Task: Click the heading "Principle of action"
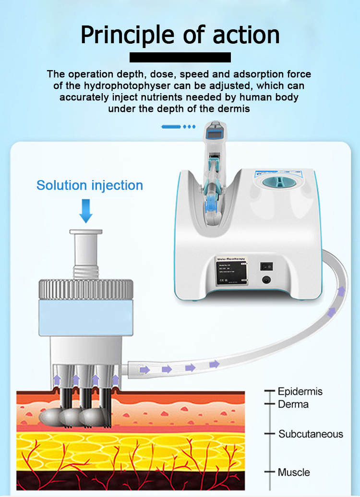pyautogui.click(x=180, y=35)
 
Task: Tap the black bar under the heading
pyautogui.click(x=180, y=58)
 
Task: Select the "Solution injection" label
pyautogui.click(x=90, y=185)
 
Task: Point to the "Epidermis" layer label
pyautogui.click(x=300, y=391)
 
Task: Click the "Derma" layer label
pyautogui.click(x=293, y=404)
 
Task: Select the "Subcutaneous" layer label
pyautogui.click(x=311, y=434)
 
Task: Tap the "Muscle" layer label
pyautogui.click(x=294, y=472)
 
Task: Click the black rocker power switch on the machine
pyautogui.click(x=265, y=266)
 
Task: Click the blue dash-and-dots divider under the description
pyautogui.click(x=179, y=127)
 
